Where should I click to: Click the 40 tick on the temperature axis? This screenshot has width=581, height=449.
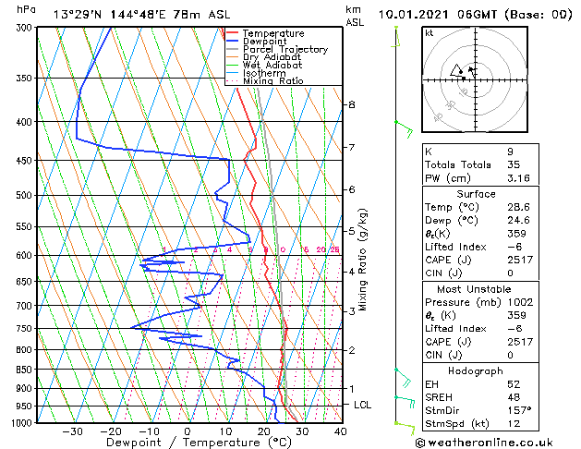point(341,431)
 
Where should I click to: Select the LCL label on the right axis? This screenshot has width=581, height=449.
point(363,405)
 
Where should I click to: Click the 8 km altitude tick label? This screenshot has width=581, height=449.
point(351,105)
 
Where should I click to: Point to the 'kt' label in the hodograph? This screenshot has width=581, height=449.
point(430,32)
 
